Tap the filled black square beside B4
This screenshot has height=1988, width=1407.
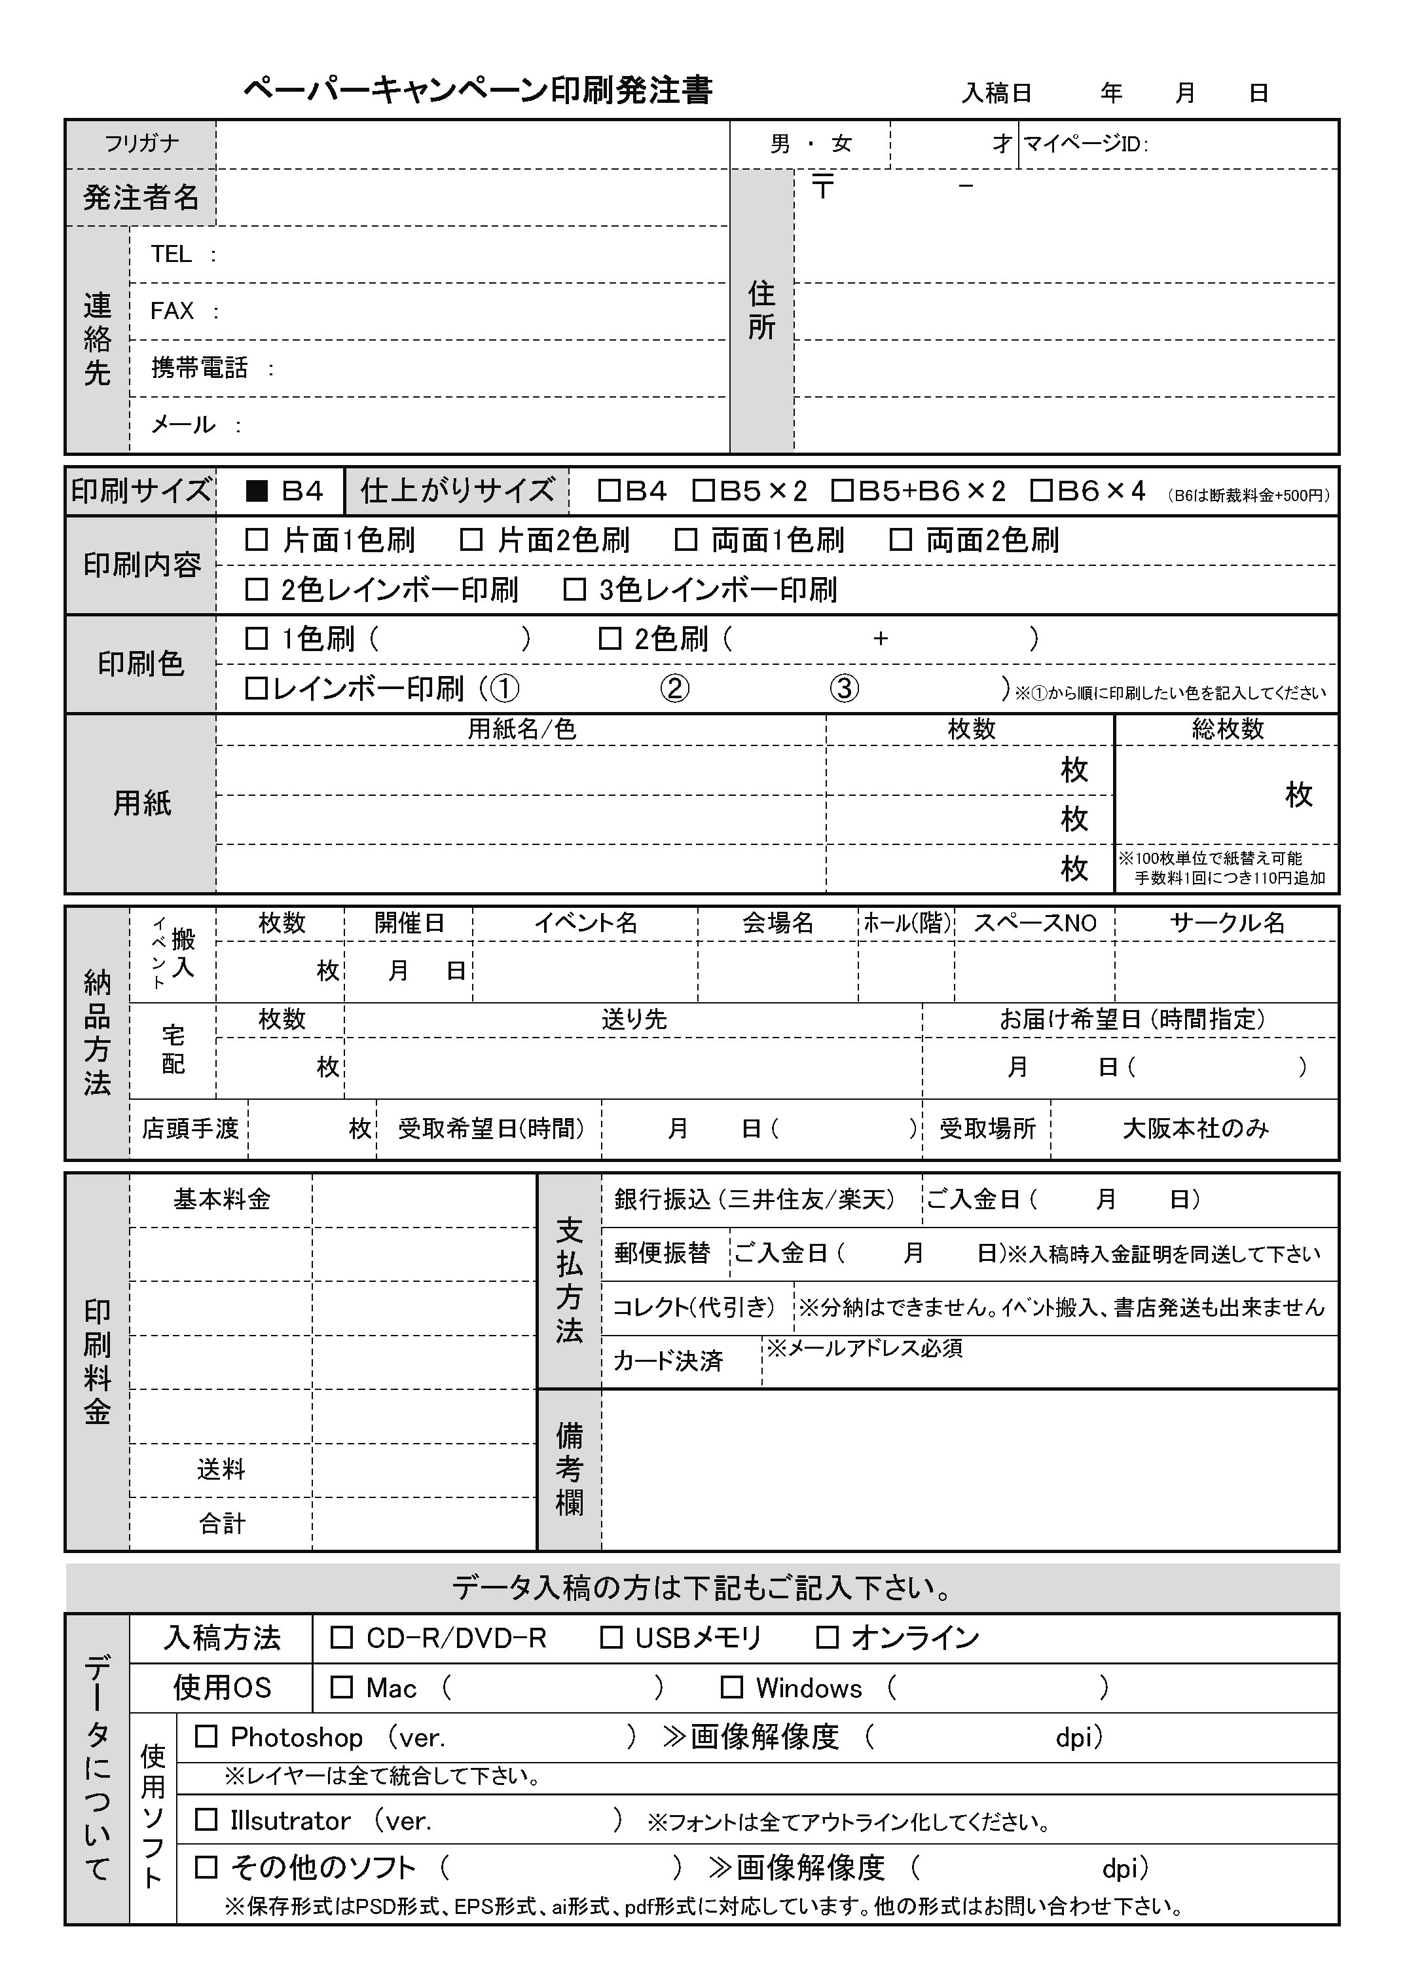click(x=257, y=491)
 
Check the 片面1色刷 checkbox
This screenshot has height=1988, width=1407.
click(x=257, y=540)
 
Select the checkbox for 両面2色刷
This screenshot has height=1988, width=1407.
click(x=901, y=540)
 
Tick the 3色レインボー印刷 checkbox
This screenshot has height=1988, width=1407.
click(x=574, y=590)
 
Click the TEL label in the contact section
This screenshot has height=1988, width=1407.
click(x=171, y=254)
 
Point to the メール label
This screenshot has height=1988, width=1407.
click(x=183, y=424)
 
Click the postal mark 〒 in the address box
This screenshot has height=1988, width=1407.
click(x=822, y=186)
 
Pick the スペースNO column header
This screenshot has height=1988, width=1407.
click(x=1035, y=923)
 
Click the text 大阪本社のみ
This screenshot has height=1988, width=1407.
click(x=1196, y=1129)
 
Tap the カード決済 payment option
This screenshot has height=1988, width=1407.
click(x=668, y=1361)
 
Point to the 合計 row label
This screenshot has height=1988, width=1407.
click(x=222, y=1524)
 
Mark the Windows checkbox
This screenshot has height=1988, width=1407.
click(x=732, y=1687)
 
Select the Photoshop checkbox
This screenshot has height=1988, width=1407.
click(x=206, y=1736)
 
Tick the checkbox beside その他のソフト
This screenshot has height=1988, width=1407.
click(x=206, y=1867)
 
